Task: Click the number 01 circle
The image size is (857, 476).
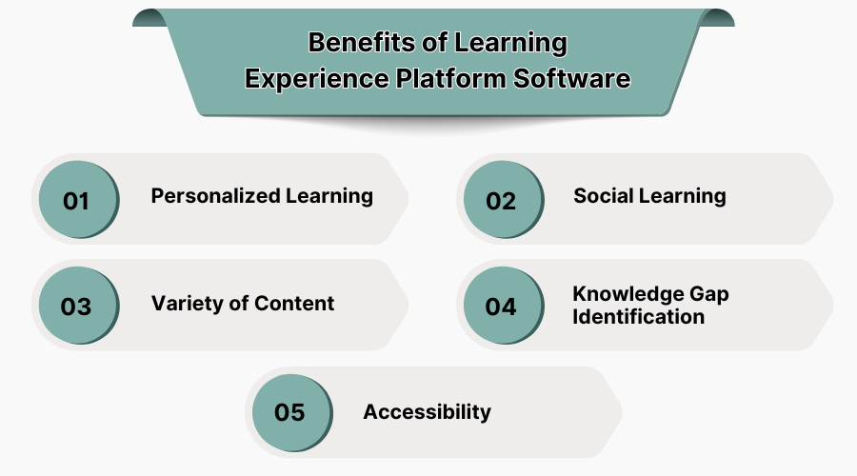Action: pos(76,201)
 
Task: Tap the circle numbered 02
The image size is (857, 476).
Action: pos(501,201)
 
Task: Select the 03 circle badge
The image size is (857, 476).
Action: pos(76,307)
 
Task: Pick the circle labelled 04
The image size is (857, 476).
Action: pos(501,307)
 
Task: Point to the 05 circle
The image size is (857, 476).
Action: pos(289,413)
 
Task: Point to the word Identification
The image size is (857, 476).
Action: pos(639,316)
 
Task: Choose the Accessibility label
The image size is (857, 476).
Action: pos(427,412)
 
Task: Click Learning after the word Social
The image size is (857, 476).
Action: pos(682,196)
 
